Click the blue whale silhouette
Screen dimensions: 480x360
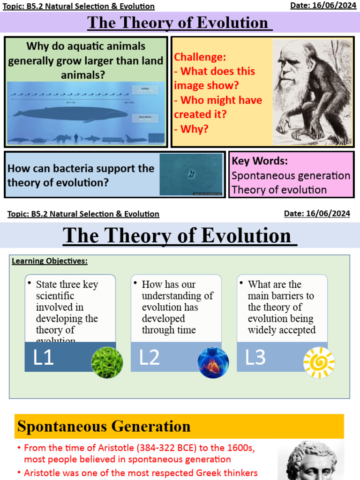[70, 113]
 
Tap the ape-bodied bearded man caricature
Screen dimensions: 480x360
[311, 91]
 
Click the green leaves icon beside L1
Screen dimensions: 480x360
[107, 362]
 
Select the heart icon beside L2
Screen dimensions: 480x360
[213, 362]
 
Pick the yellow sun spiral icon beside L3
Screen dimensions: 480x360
[319, 362]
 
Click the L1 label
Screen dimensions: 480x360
[44, 357]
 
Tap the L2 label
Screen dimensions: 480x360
[150, 357]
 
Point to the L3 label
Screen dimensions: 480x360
[255, 357]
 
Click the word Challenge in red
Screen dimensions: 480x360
[200, 57]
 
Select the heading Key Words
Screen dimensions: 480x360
[260, 161]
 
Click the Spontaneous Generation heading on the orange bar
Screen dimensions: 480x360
[104, 427]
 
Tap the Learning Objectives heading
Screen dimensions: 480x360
[50, 261]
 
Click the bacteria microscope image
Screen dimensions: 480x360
[191, 174]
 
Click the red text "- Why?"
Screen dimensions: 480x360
[191, 129]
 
